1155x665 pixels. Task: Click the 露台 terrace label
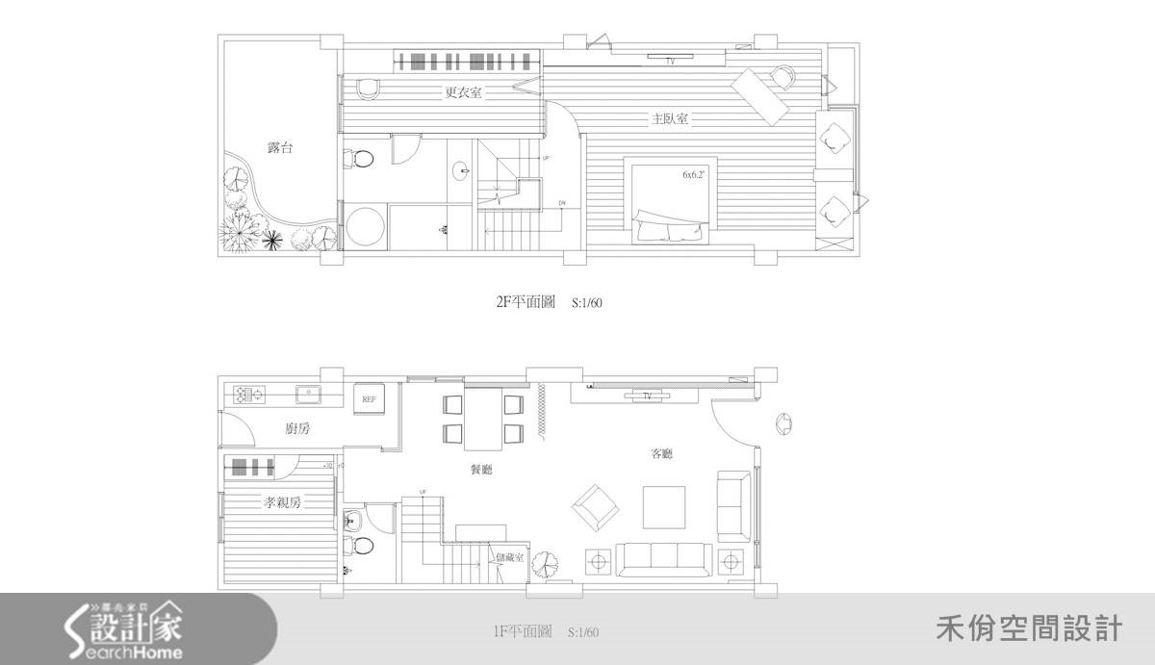tap(280, 148)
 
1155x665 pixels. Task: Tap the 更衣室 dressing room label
tap(463, 93)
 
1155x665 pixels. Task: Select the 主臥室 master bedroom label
tap(669, 119)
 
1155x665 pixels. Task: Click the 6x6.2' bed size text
tap(694, 175)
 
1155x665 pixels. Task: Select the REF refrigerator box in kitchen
tap(369, 398)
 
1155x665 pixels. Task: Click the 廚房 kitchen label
tap(298, 429)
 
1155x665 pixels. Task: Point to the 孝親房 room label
tap(284, 502)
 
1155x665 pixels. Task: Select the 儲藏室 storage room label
tap(508, 558)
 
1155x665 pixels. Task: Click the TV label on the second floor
tap(670, 62)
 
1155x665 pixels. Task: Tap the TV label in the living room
tap(647, 396)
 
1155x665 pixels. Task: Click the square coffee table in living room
tap(664, 506)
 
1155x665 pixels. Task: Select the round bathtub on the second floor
tap(366, 228)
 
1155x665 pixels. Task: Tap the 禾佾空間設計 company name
tap(1028, 630)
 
